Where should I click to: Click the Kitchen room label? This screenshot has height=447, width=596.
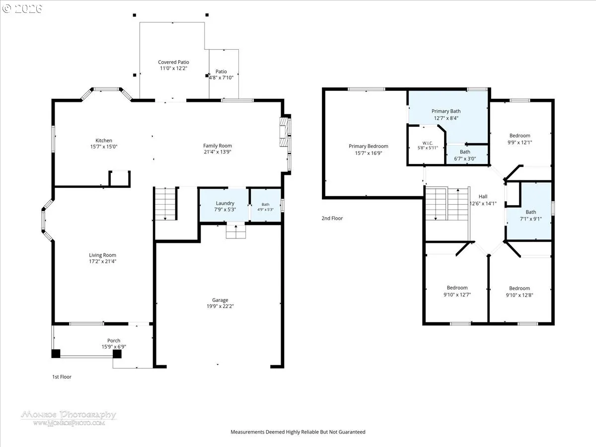[x=104, y=141]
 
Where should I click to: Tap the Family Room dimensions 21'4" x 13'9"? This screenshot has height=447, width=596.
[x=217, y=151]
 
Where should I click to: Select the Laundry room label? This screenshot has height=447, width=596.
[x=225, y=203]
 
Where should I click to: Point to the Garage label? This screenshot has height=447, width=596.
[x=220, y=300]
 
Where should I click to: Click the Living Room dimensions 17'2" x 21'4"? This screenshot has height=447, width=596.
[x=103, y=261]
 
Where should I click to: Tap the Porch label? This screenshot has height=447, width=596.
[x=114, y=340]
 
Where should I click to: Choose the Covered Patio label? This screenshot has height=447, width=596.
[x=173, y=62]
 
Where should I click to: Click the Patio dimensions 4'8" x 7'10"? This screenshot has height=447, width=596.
[x=221, y=77]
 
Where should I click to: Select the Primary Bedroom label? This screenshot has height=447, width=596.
[x=369, y=146]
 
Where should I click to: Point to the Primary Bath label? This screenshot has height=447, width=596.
[x=446, y=111]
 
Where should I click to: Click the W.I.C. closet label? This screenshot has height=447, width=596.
[x=428, y=143]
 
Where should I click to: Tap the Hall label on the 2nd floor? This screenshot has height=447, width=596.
[x=483, y=196]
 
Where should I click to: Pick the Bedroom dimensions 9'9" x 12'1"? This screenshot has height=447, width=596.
[x=520, y=142]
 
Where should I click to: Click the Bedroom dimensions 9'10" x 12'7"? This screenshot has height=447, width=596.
[x=457, y=295]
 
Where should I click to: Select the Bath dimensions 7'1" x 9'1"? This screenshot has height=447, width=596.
[x=530, y=219]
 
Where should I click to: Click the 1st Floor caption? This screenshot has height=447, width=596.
[x=62, y=376]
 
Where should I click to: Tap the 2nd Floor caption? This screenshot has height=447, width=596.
[x=332, y=218]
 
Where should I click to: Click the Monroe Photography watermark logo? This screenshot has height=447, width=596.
[x=69, y=418]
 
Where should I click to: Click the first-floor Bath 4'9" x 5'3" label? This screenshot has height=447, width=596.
[x=265, y=207]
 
